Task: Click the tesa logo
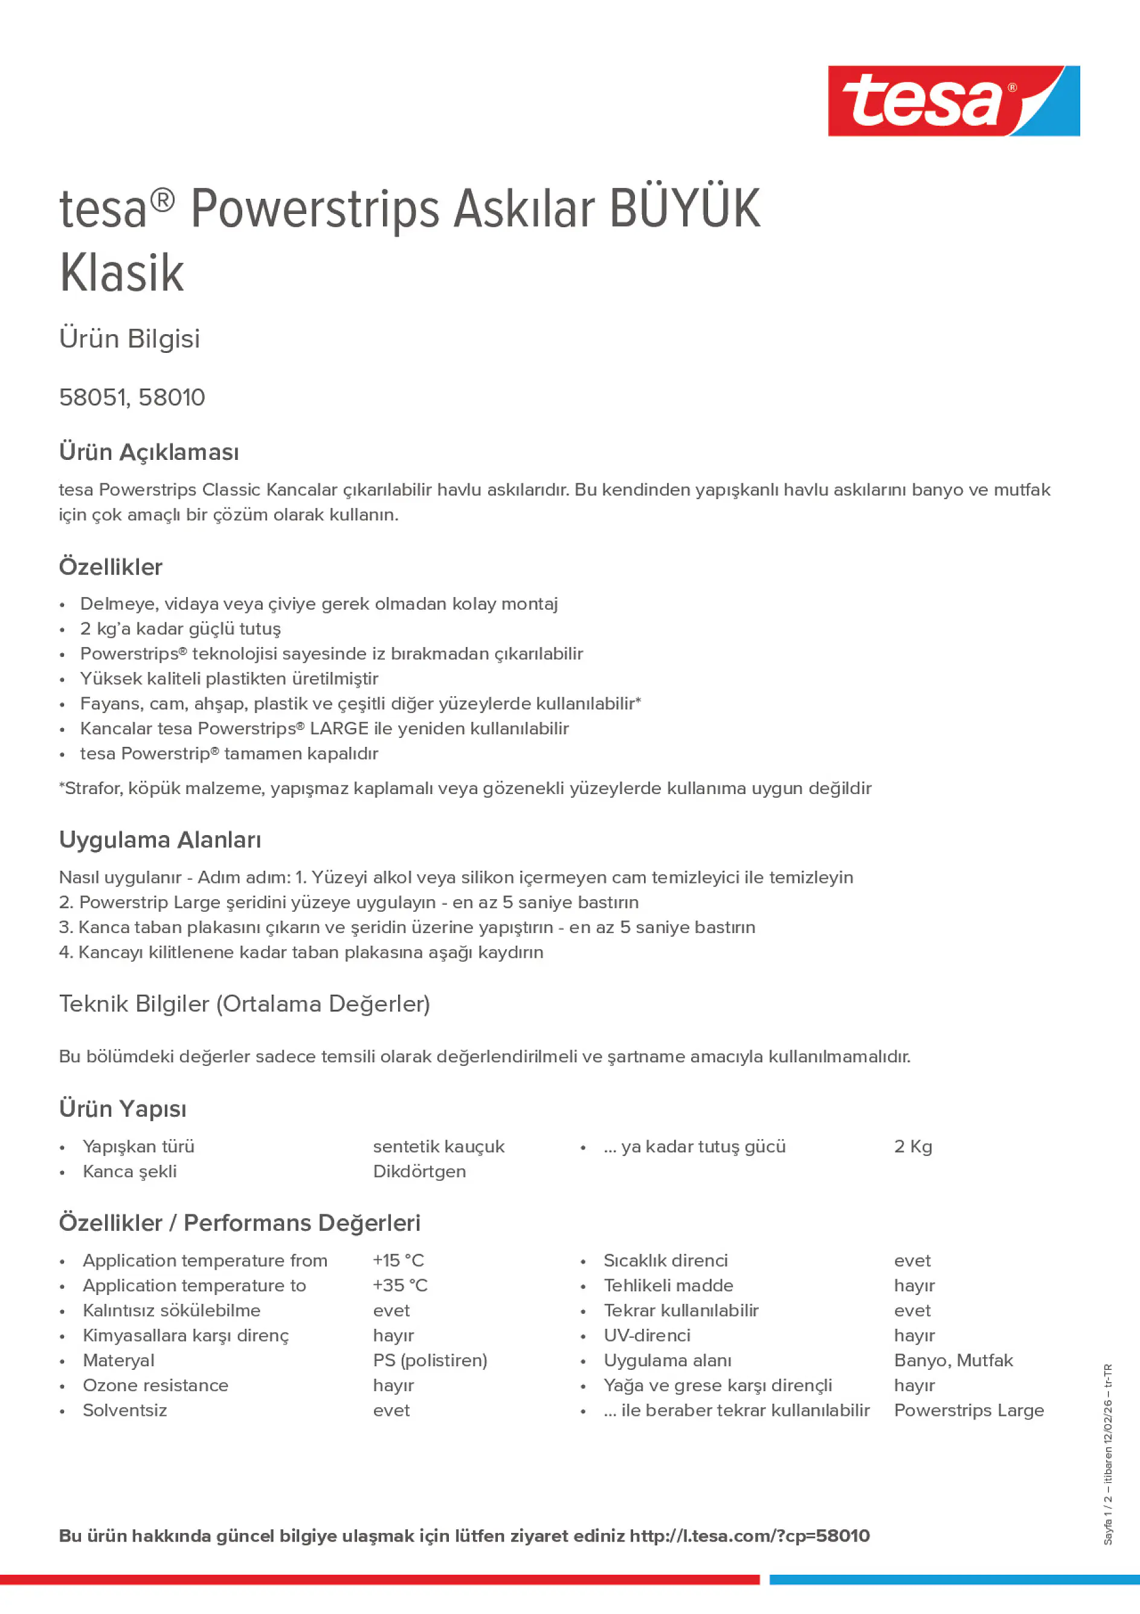click(x=953, y=100)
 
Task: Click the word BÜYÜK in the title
click(x=684, y=209)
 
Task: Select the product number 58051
click(x=92, y=398)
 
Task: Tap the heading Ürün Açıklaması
click(x=149, y=452)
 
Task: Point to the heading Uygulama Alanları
click(x=160, y=840)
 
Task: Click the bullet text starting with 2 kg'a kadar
click(x=181, y=628)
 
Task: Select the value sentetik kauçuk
click(x=439, y=1146)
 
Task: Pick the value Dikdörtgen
click(x=420, y=1171)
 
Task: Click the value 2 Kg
click(x=913, y=1146)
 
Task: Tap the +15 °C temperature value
click(x=399, y=1261)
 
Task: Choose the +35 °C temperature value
click(x=400, y=1285)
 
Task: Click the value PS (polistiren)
click(x=430, y=1360)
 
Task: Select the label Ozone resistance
click(x=155, y=1385)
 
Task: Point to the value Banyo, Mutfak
click(x=953, y=1360)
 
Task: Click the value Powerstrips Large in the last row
click(x=968, y=1410)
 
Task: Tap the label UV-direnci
click(x=646, y=1335)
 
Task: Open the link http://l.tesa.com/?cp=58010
click(x=749, y=1536)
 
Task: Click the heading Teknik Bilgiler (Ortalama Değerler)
click(x=245, y=1004)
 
